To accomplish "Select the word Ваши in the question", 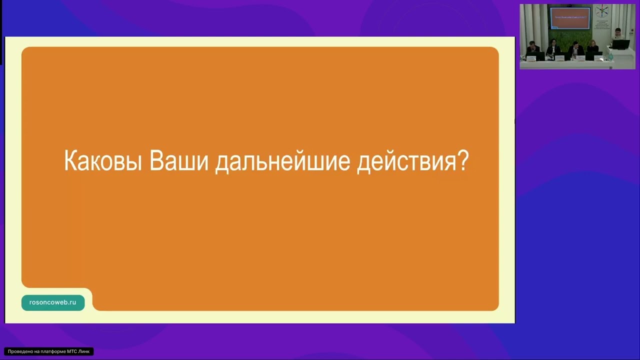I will pyautogui.click(x=178, y=161).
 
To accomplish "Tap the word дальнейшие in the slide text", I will pyautogui.click(x=282, y=161).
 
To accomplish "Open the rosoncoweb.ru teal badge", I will pyautogui.click(x=53, y=302).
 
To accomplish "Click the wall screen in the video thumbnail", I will pyautogui.click(x=570, y=18).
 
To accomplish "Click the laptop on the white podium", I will pyautogui.click(x=621, y=44).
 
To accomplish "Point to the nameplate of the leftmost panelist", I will pyautogui.click(x=531, y=58).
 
